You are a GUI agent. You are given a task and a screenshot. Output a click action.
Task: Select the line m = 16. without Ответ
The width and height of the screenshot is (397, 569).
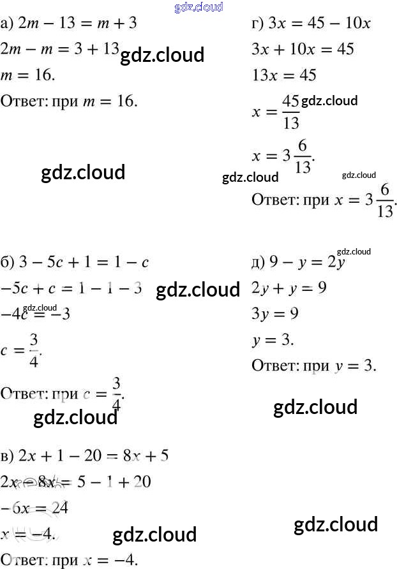28,75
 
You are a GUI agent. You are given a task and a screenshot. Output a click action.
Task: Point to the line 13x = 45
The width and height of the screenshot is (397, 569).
285,75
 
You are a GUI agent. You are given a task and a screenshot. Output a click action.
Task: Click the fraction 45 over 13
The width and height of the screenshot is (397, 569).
290,112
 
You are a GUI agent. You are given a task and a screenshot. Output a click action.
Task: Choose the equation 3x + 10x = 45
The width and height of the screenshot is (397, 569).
303,50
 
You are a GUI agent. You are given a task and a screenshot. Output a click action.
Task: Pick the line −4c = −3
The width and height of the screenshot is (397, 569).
36,314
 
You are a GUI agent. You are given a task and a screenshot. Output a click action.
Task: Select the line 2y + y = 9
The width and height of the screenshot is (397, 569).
289,288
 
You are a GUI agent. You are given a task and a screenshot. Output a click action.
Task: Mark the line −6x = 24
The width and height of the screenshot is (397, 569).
34,508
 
